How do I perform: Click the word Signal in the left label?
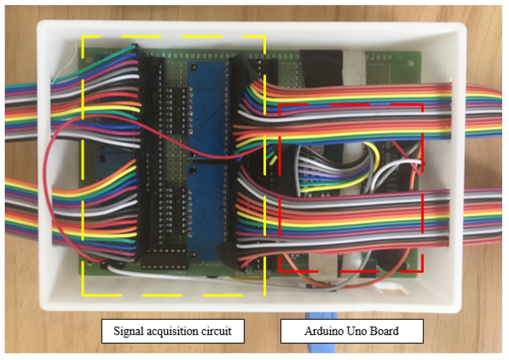coord(128,331)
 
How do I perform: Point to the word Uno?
coord(357,331)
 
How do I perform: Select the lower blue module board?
coord(205,211)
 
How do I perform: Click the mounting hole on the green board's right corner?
coord(410,63)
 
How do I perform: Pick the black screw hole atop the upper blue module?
coord(194,68)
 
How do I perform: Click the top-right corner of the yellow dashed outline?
coord(265,36)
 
